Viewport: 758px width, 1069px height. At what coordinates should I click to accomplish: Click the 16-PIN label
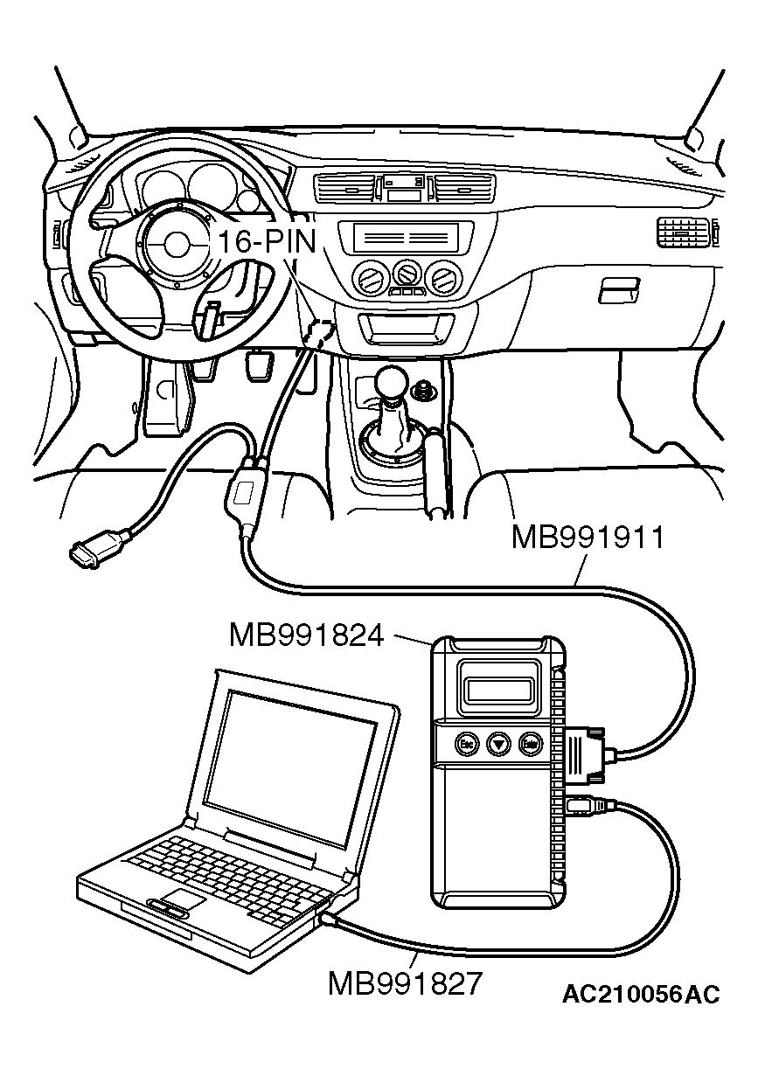pyautogui.click(x=266, y=241)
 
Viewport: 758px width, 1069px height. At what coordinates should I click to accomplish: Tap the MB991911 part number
pyautogui.click(x=588, y=537)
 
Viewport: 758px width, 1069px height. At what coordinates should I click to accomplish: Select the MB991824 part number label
pyautogui.click(x=306, y=635)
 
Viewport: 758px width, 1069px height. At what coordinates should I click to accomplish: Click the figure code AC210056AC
pyautogui.click(x=641, y=995)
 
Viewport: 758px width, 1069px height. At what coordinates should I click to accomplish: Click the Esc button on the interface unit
pyautogui.click(x=466, y=744)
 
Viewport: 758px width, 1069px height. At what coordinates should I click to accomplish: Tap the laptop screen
pyautogui.click(x=293, y=747)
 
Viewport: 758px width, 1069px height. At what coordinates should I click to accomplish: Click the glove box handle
pyautogui.click(x=618, y=289)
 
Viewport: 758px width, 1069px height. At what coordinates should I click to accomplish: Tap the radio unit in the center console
pyautogui.click(x=403, y=237)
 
